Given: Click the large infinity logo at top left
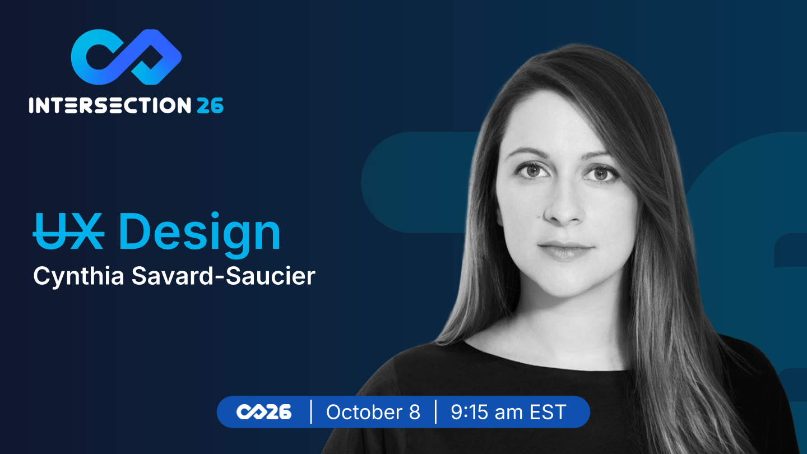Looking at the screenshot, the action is tap(126, 57).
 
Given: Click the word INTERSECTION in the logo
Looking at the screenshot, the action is tap(110, 105).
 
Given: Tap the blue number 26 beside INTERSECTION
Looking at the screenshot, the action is tap(210, 105).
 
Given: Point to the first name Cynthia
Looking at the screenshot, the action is tap(78, 277).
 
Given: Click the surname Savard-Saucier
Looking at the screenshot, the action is tap(224, 276).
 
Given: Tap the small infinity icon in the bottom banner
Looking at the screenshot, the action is tap(251, 412).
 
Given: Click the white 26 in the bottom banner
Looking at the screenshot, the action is tap(278, 412).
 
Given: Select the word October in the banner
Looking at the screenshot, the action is tap(364, 412).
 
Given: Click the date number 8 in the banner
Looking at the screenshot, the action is tap(415, 412).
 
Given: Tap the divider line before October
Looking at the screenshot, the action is tap(311, 411).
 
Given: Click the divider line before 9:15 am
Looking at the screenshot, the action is tap(436, 411).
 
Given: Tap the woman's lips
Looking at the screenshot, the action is tap(565, 251).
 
